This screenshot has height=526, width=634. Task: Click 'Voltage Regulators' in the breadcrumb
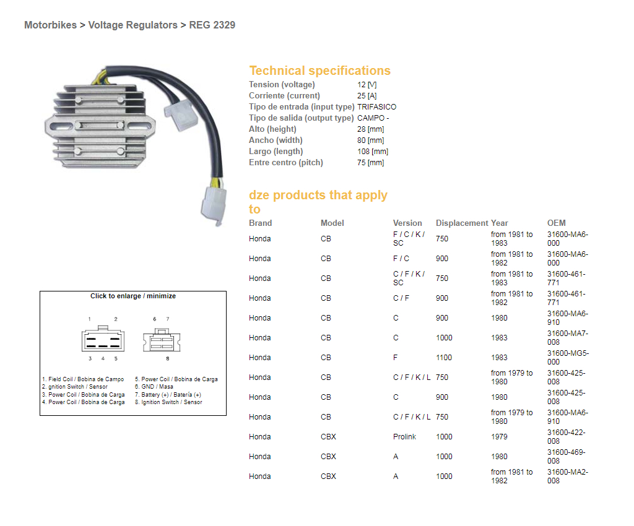coord(132,25)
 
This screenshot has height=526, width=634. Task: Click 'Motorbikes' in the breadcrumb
coord(50,25)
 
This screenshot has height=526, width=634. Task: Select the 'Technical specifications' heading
coord(319,71)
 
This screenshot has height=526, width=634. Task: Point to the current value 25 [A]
coord(367,96)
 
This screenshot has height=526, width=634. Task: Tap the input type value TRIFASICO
coord(376,107)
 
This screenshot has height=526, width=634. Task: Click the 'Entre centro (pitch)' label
coord(286,163)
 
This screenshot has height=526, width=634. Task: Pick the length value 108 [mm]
coord(373,152)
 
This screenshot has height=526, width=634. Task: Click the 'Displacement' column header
coord(462,223)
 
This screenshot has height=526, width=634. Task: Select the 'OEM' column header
coord(556,223)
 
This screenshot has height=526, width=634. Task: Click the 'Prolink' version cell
coord(404,437)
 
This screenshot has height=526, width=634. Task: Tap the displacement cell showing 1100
coord(444,358)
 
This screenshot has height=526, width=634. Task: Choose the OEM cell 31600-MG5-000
coord(568,358)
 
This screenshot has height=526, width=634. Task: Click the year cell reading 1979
coord(499,437)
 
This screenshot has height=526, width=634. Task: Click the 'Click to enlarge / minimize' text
coord(133,296)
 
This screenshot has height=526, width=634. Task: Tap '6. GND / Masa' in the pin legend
coord(154,387)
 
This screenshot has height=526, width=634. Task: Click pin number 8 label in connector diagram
coord(167,358)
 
